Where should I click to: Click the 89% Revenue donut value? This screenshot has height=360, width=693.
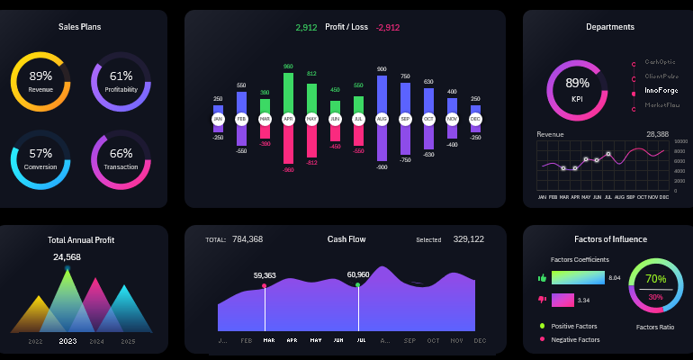pyautogui.click(x=40, y=76)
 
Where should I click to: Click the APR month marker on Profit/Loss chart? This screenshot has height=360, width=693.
pyautogui.click(x=288, y=119)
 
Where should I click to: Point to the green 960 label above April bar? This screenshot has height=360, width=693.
pyautogui.click(x=288, y=67)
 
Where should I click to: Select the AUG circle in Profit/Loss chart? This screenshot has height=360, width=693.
pyautogui.click(x=382, y=119)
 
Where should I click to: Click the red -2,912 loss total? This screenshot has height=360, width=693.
pyautogui.click(x=388, y=28)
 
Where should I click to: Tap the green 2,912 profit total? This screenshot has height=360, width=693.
pyautogui.click(x=306, y=28)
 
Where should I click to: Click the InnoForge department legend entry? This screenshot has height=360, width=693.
pyautogui.click(x=661, y=91)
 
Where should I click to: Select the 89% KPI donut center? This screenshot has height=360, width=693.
pyautogui.click(x=577, y=87)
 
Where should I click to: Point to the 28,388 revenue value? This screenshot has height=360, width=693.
pyautogui.click(x=657, y=134)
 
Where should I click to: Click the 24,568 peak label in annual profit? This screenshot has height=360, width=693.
pyautogui.click(x=67, y=257)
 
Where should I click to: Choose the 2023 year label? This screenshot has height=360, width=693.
pyautogui.click(x=67, y=341)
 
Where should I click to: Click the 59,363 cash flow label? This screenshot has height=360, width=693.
pyautogui.click(x=265, y=275)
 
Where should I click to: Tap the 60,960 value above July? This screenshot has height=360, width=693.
pyautogui.click(x=358, y=274)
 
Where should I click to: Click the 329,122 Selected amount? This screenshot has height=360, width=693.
pyautogui.click(x=468, y=239)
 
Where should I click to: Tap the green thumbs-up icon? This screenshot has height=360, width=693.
pyautogui.click(x=542, y=279)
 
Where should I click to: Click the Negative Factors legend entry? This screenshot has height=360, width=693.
pyautogui.click(x=574, y=339)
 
